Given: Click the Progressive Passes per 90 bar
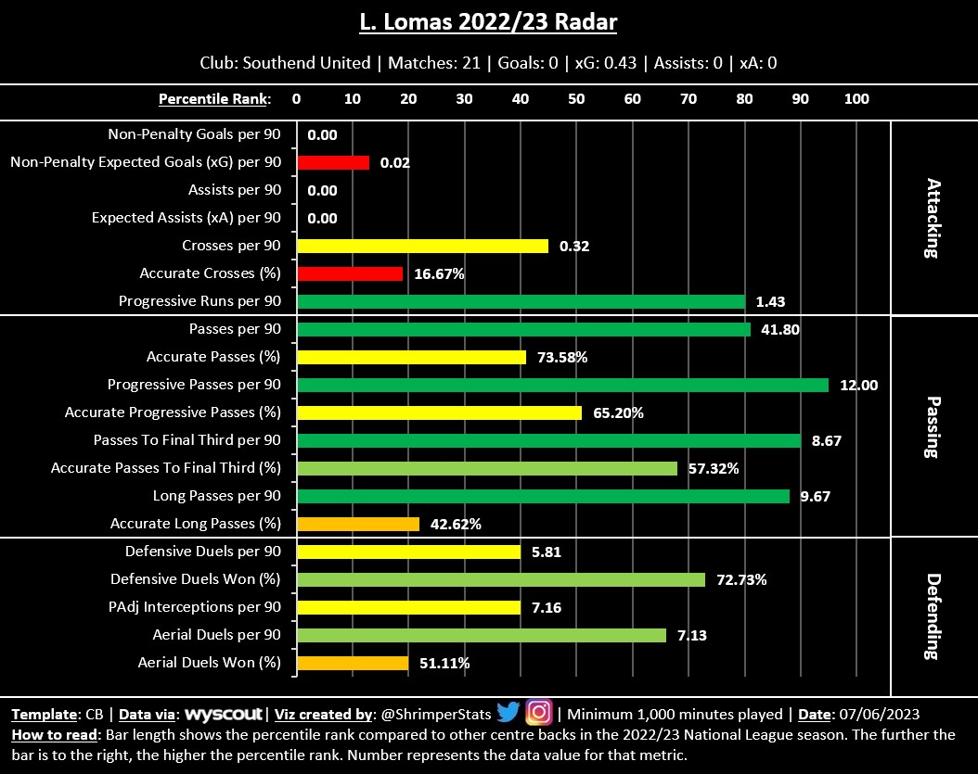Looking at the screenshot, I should point(562,385).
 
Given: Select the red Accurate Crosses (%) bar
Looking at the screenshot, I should point(350,273).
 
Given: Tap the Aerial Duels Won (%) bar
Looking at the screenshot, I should point(353,663).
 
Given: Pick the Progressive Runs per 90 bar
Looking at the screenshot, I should point(521,301).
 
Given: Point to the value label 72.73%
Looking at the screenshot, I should point(741,580).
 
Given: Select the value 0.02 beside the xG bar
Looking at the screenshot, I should point(394,163).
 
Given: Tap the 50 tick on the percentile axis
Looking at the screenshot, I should point(576,99).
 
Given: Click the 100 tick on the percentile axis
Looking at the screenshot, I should point(856,99).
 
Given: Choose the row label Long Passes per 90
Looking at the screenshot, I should point(216,496).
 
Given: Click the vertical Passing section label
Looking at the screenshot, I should point(933,426).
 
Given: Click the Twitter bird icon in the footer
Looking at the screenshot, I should point(508,713).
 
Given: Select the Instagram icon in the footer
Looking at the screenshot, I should point(539,713).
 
